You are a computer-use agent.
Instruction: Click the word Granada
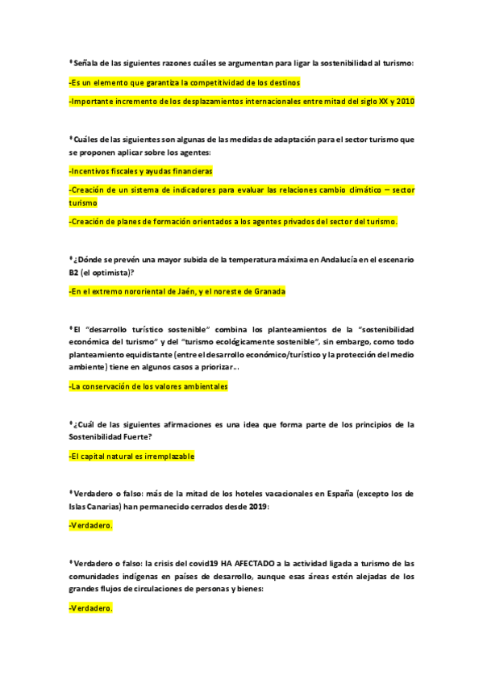point(268,291)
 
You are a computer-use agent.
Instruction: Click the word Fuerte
point(135,436)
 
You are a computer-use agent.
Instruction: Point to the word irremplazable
point(162,457)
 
